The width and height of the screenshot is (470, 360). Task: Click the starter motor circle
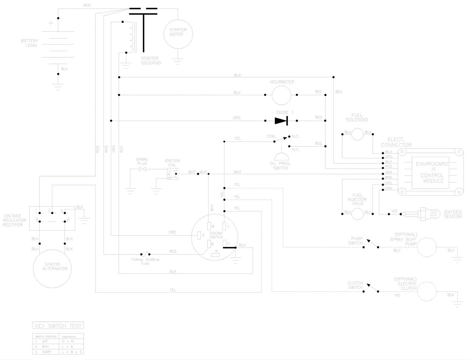coord(178,34)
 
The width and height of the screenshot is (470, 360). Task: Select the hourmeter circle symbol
coord(281,95)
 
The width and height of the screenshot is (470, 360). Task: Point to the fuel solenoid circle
coord(357,134)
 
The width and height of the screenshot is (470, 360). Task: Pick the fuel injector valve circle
coord(357,214)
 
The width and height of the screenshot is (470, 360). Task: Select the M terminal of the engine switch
coord(209,226)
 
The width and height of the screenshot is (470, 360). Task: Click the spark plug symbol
coord(142,169)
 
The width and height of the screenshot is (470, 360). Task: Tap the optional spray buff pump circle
coord(427,247)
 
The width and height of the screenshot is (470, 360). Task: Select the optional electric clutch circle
coord(427,292)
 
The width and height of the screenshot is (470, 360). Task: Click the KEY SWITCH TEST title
coord(58,326)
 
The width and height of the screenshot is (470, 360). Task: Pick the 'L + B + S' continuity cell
coord(71,352)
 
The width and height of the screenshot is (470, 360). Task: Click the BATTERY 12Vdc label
coord(29,43)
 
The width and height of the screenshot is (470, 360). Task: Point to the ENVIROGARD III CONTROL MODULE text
coord(432,172)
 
